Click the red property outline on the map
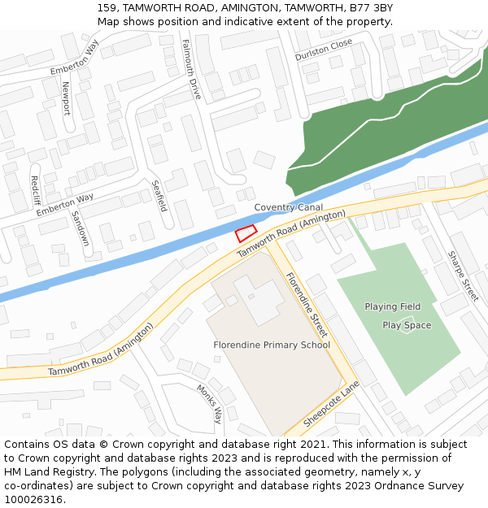[x=246, y=233]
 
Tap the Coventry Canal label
[x=288, y=208]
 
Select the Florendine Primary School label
[x=272, y=345]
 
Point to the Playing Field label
[x=392, y=306]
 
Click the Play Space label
[x=407, y=325]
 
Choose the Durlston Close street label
[x=324, y=50]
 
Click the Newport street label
[x=67, y=98]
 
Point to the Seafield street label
[x=159, y=196]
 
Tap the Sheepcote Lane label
[x=330, y=406]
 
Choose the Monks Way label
[x=209, y=404]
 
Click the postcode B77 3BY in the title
[x=371, y=7]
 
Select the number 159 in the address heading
[x=107, y=7]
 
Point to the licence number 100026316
[x=33, y=499]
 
